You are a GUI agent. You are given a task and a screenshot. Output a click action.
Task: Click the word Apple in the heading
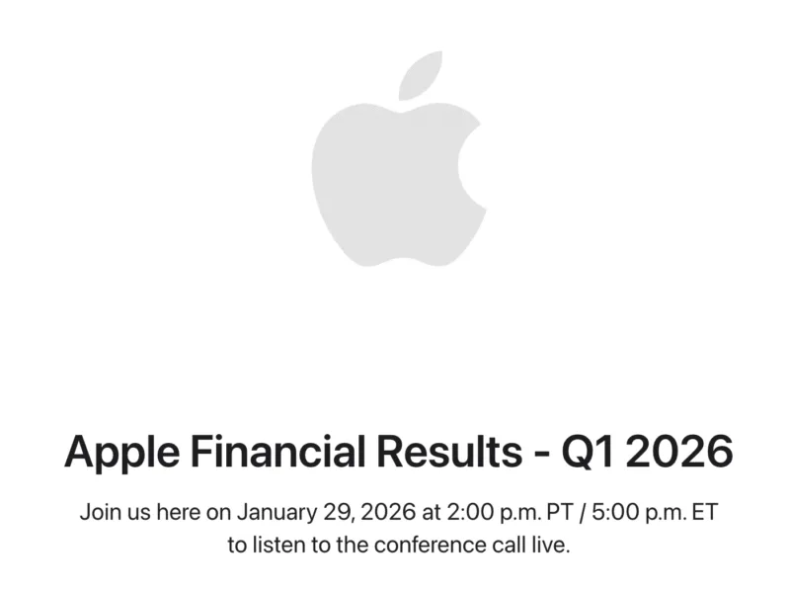(121, 453)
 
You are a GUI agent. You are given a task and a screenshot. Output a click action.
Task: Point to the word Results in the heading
(451, 453)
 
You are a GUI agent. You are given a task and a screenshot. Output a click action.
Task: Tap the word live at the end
(552, 545)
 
